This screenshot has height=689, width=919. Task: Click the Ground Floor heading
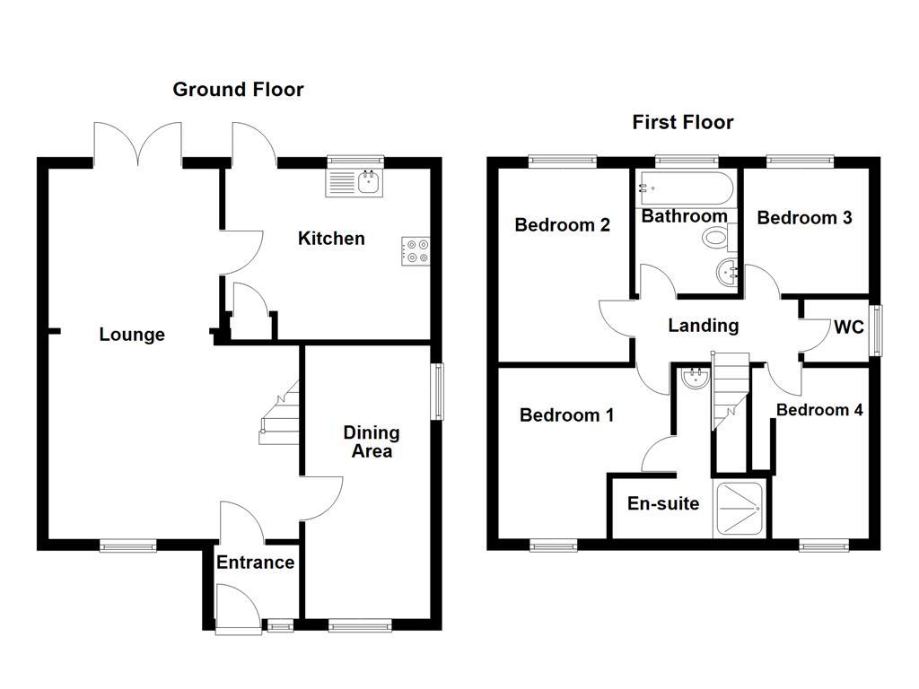point(238,89)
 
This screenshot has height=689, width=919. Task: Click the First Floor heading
point(682,122)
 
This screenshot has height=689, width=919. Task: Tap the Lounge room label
point(132,335)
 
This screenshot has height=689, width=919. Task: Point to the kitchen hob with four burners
point(416,251)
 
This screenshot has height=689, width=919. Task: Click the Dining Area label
point(371,441)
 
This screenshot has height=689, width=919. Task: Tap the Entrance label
point(255,563)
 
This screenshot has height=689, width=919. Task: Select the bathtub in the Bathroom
point(685,188)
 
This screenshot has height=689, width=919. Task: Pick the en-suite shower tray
point(740,510)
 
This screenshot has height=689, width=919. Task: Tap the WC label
point(848,327)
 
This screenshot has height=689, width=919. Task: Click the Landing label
point(703,326)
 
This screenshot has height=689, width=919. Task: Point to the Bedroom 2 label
point(562,224)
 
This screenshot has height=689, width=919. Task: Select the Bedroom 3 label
point(804,217)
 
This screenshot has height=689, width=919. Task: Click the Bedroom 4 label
point(819,410)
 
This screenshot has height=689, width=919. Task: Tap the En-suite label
point(662,503)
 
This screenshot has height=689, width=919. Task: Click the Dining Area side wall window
point(437,391)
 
